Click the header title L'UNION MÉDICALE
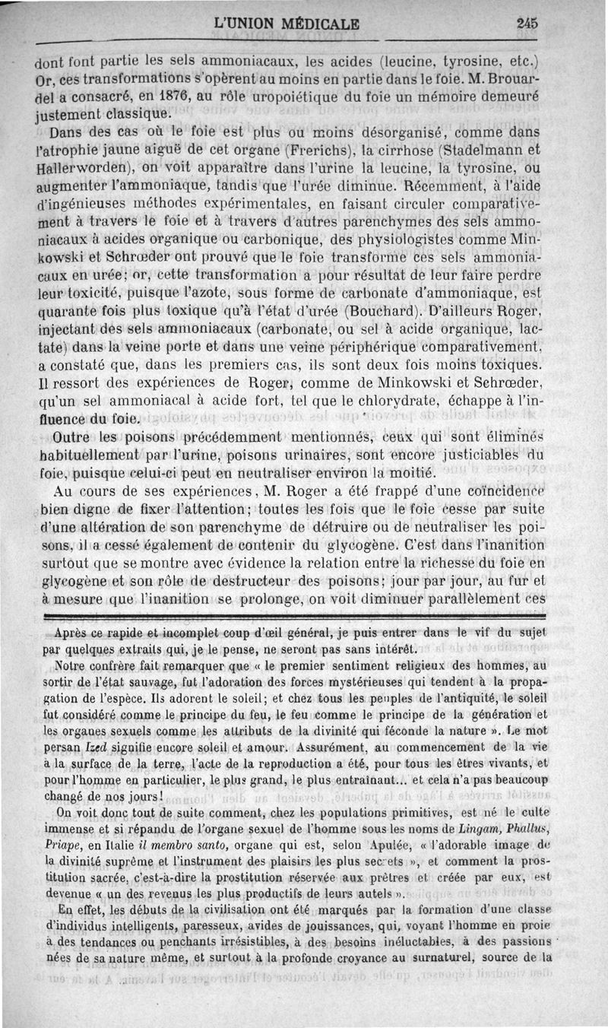coord(287,23)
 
